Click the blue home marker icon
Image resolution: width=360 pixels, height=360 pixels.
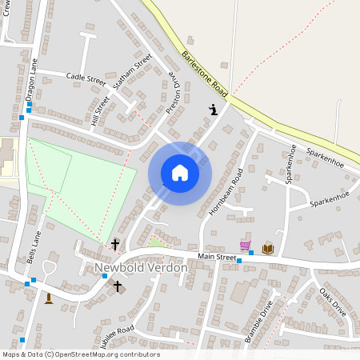[x=180, y=173]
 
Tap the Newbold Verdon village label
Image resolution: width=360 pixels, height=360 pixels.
[x=141, y=267]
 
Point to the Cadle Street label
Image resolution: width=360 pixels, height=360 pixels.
[x=86, y=79]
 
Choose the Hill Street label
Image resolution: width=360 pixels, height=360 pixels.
[x=100, y=110]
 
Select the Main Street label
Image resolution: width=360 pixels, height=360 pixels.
[x=218, y=258]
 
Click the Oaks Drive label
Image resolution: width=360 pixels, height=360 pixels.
[x=333, y=302]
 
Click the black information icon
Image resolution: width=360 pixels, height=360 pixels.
[x=213, y=110]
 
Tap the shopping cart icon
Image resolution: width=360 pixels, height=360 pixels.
[x=245, y=246]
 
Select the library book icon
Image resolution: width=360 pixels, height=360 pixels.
[x=267, y=249]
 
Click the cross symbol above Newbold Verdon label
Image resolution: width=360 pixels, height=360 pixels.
[x=115, y=244]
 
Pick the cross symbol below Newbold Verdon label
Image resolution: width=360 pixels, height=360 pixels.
[x=118, y=286]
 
